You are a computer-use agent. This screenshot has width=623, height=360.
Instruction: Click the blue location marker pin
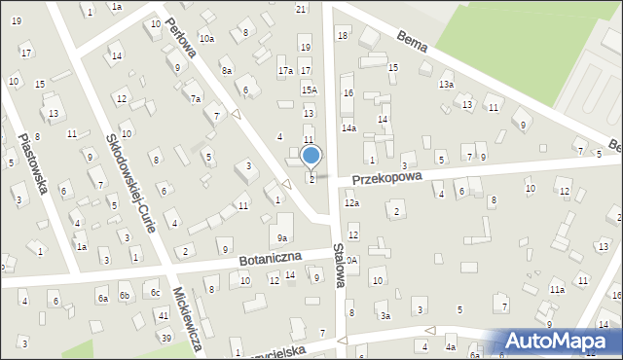pos(311,156)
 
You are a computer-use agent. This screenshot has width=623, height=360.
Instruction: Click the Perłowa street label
pos(181,36)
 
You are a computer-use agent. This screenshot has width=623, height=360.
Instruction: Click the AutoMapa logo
pos(560,341)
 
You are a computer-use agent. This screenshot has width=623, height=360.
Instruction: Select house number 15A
pos(309,90)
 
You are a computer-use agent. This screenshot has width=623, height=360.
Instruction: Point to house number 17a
pos(285,71)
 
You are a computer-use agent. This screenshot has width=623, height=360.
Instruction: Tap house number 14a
pos(348,127)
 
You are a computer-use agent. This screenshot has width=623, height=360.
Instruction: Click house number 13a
pos(446,85)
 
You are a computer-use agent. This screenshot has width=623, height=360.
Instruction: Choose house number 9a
pos(282,237)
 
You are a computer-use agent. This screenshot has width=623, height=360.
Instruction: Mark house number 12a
pos(351,203)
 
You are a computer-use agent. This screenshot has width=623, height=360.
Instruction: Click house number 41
pos(164,315)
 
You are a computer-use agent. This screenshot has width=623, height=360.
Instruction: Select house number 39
pos(166,337)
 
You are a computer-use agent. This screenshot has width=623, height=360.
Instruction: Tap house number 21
pos(301,9)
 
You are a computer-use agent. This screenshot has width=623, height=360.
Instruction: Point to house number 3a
pos(385,315)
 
